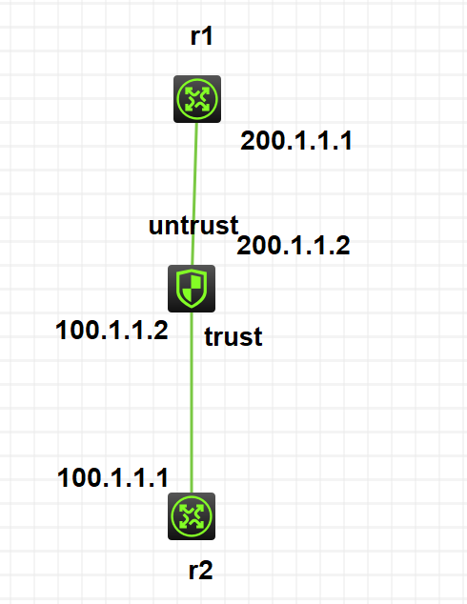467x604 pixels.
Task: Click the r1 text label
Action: [201, 36]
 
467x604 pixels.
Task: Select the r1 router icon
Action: [197, 99]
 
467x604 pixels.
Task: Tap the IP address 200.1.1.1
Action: [296, 141]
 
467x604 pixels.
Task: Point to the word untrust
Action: [193, 226]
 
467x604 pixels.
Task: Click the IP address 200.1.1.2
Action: [294, 246]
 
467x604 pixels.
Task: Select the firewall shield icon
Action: [192, 289]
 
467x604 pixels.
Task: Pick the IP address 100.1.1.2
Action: [112, 331]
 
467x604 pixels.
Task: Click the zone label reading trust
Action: [233, 336]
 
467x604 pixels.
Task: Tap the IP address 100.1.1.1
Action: [112, 478]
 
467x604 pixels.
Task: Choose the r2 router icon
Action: [192, 516]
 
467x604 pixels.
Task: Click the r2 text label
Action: [201, 571]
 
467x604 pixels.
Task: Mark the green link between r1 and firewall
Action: [194, 193]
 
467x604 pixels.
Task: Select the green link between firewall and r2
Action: [192, 403]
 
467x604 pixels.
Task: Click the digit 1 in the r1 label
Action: [207, 36]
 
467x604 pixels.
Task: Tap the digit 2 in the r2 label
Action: [206, 571]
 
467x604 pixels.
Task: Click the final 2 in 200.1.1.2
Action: [343, 246]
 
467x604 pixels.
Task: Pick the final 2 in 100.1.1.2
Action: [161, 331]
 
